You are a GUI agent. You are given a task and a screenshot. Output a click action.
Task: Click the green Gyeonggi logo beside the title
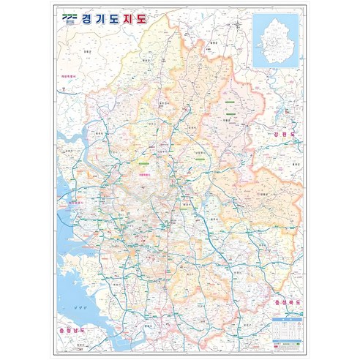[70, 17]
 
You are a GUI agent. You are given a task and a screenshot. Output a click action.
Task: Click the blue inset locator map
[276, 41]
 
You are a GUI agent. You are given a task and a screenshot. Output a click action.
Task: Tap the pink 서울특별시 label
[144, 175]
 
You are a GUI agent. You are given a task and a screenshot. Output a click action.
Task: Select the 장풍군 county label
[88, 52]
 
